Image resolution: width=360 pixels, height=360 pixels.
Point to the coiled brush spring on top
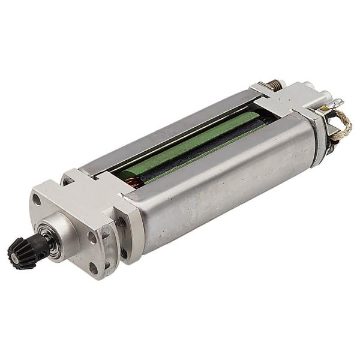point(275,85)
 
